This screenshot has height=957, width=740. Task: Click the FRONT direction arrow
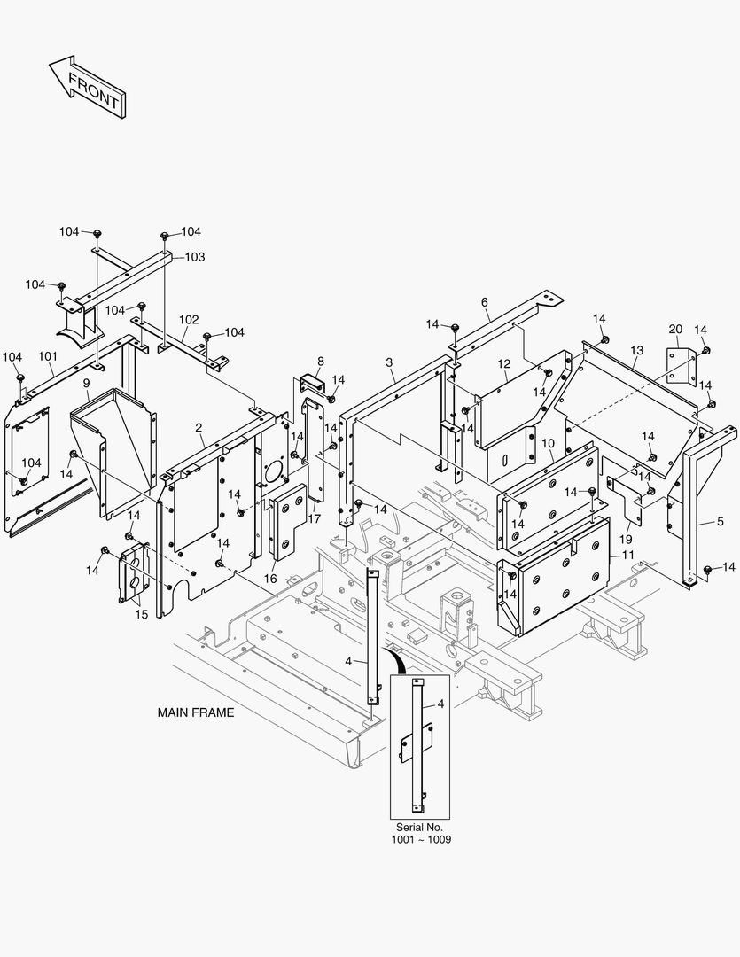click(x=86, y=87)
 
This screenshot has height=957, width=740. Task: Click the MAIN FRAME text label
click(x=196, y=712)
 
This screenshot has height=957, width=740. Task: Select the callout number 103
click(x=194, y=257)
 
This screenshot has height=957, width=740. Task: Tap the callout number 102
click(x=189, y=320)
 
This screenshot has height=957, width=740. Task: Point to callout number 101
click(x=47, y=357)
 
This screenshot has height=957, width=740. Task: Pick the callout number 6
click(x=485, y=302)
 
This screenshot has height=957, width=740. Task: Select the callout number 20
click(x=675, y=329)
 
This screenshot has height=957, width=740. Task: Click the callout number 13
click(x=636, y=351)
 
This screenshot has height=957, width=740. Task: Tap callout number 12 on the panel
click(x=504, y=363)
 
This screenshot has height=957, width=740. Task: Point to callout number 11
click(x=628, y=554)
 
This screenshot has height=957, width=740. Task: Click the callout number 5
click(x=721, y=522)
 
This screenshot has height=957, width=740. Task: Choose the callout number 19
click(x=626, y=538)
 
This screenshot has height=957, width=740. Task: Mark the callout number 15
click(x=142, y=614)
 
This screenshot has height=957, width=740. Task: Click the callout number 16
click(x=270, y=578)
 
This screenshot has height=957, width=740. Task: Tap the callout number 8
click(x=320, y=361)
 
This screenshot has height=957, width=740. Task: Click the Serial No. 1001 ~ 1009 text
click(x=420, y=833)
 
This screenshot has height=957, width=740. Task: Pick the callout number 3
click(x=390, y=362)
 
